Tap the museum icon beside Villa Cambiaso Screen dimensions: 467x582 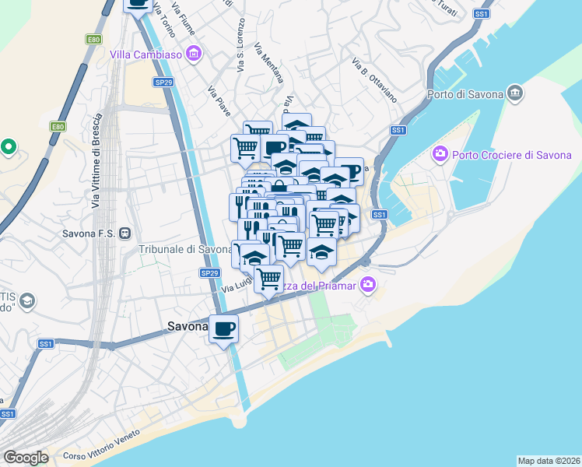(x=194, y=54)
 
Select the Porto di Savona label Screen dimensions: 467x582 (x=465, y=95)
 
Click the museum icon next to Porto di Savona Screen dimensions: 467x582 (x=514, y=94)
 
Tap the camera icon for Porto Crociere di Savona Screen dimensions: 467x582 (x=440, y=154)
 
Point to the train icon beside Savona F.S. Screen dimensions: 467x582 (x=124, y=233)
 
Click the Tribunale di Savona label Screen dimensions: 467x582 (x=185, y=249)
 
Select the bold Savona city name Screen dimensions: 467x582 (x=187, y=328)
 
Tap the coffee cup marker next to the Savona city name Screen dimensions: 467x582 (x=224, y=328)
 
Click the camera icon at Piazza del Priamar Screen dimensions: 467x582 (x=367, y=286)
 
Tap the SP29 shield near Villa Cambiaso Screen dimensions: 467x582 (x=163, y=82)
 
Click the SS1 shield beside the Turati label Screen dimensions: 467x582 (x=482, y=14)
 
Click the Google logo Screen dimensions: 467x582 (x=25, y=457)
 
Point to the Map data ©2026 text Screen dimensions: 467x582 (x=549, y=461)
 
